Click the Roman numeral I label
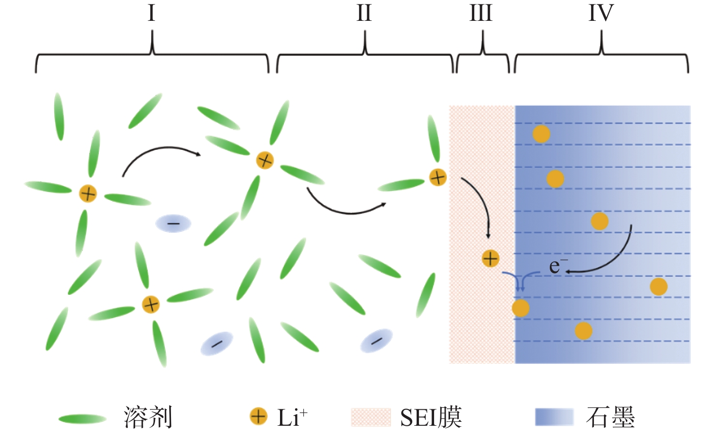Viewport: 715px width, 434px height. click(x=151, y=13)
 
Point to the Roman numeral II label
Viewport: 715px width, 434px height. click(x=364, y=13)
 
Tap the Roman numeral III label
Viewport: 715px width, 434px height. click(x=481, y=13)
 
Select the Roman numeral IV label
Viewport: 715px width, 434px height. click(x=601, y=13)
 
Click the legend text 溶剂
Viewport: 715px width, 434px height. click(x=148, y=417)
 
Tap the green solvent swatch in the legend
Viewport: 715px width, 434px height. click(x=82, y=418)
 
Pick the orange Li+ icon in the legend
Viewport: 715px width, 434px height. click(x=258, y=416)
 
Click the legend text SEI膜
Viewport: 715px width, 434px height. click(x=431, y=417)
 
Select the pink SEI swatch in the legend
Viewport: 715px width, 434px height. click(x=371, y=417)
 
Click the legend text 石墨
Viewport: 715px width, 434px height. click(x=610, y=417)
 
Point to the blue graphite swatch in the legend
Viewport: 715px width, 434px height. click(x=554, y=417)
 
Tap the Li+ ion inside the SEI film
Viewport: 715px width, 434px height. click(x=490, y=258)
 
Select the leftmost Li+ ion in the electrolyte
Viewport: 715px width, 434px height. click(x=88, y=193)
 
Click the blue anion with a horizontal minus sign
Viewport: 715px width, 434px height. click(x=173, y=224)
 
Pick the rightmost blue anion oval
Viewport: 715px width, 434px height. click(x=376, y=341)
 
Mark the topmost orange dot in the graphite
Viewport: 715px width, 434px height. click(x=541, y=134)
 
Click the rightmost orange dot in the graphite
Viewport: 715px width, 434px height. click(x=658, y=287)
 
